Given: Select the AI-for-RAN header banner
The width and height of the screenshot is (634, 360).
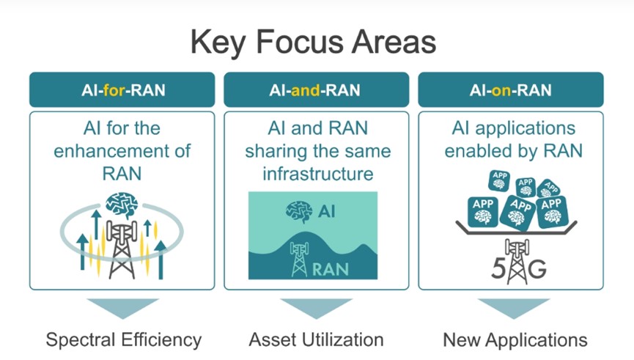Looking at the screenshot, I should point(122,89).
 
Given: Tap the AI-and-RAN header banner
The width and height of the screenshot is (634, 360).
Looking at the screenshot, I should point(316,89).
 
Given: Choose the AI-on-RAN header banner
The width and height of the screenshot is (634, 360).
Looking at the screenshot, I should point(510,89).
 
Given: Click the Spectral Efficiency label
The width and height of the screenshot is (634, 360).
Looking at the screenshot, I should point(123,340).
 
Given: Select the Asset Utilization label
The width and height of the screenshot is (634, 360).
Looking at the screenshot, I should point(316,340).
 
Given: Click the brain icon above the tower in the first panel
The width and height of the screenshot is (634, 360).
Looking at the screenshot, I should point(121,205).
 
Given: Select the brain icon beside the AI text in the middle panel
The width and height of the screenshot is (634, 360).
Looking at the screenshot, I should point(299,211).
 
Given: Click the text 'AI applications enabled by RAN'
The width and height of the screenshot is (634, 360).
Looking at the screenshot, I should point(512,140).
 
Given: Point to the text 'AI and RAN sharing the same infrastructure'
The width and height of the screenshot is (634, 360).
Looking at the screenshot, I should point(317,152).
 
